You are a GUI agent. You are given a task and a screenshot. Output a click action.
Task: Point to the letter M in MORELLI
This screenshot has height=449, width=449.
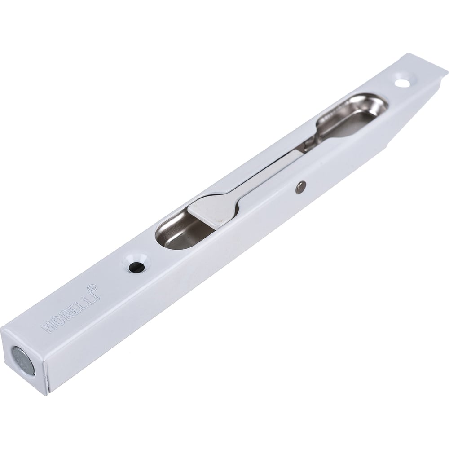[48, 326]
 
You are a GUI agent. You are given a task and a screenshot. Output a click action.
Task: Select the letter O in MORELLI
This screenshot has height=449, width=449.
[58, 319]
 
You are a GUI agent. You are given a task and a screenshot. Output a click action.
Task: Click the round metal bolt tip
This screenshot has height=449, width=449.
[22, 360]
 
